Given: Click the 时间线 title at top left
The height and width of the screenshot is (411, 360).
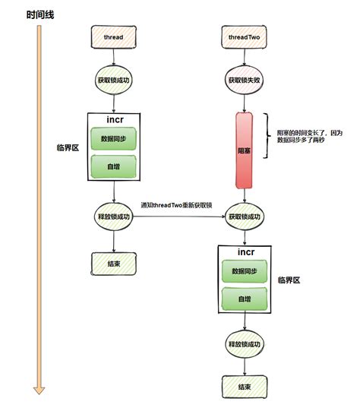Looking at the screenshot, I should (40, 14).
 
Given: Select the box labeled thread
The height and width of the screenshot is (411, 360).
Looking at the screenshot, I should (114, 36).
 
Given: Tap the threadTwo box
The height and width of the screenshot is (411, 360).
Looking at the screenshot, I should (245, 36).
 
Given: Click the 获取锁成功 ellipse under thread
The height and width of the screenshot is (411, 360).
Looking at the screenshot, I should (114, 80).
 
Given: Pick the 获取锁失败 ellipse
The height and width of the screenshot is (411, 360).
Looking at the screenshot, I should (245, 80).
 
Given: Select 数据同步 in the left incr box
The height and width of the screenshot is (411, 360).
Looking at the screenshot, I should (113, 140).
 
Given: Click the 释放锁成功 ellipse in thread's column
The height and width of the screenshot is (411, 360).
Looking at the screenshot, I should (114, 217).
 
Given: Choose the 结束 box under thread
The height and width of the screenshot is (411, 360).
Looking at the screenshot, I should (114, 264).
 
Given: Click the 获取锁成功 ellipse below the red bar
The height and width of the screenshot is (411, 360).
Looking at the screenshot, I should (245, 217).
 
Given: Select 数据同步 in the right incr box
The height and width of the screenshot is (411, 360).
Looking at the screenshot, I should (245, 272).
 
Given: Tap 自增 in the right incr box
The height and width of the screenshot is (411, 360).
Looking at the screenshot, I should (245, 299).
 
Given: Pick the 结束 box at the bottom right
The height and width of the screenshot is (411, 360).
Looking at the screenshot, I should (245, 386).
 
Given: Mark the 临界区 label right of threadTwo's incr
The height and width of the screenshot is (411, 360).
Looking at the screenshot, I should (289, 280).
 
